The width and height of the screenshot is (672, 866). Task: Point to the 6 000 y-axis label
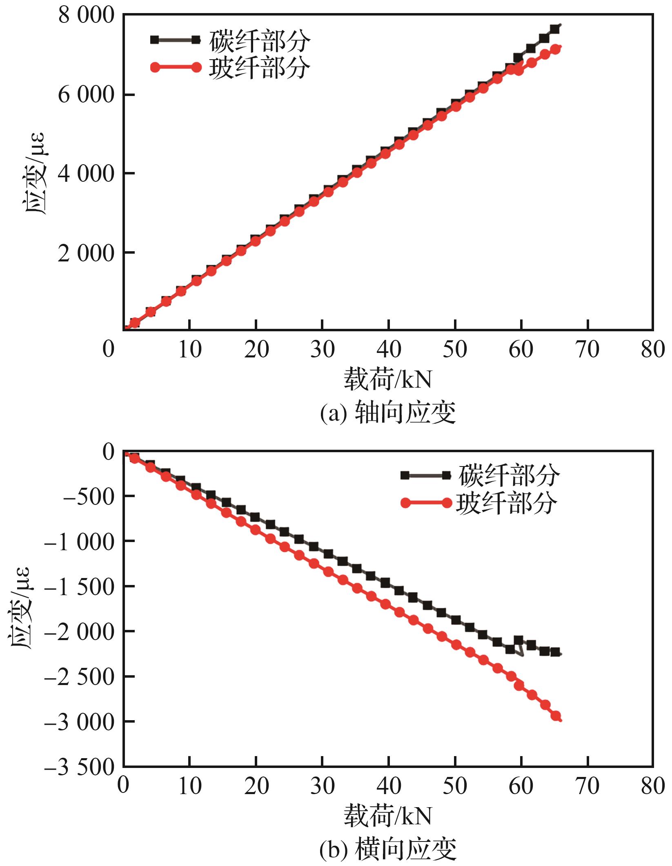(x=86, y=96)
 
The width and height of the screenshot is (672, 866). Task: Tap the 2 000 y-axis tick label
(x=86, y=254)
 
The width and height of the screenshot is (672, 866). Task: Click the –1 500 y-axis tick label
(x=79, y=587)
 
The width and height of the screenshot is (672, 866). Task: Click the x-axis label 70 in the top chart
(x=587, y=350)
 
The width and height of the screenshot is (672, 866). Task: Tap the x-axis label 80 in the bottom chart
(x=653, y=786)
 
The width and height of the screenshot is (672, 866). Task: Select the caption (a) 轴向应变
(x=387, y=413)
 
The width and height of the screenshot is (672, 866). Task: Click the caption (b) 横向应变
(x=387, y=849)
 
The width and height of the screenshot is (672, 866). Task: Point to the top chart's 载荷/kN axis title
(x=387, y=379)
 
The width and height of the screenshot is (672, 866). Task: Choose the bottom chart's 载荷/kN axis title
(x=387, y=815)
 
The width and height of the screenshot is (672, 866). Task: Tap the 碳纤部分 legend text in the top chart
(x=260, y=41)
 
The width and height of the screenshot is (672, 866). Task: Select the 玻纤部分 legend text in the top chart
(x=260, y=67)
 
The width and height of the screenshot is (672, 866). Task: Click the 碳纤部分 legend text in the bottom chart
(x=509, y=475)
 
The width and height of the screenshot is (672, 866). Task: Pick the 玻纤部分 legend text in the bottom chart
(x=506, y=502)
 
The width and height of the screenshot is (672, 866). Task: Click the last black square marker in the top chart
(x=554, y=29)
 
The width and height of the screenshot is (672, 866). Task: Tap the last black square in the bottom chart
(x=555, y=652)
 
